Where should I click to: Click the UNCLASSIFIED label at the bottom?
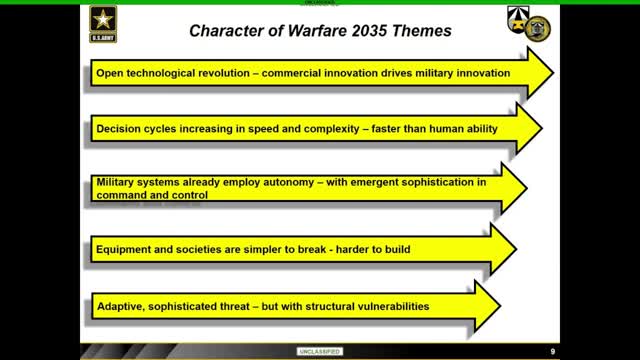(x=320, y=351)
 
